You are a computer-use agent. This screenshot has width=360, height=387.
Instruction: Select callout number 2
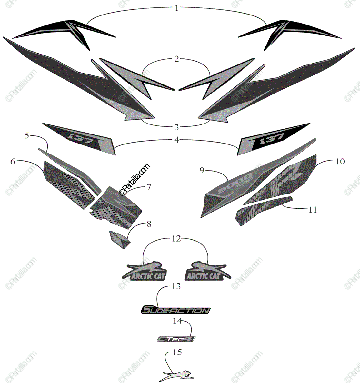tap(176, 59)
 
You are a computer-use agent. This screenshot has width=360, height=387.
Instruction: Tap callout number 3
tap(176, 127)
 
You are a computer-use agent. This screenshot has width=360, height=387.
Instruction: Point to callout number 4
tap(176, 140)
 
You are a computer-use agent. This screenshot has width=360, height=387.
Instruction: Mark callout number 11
tap(313, 210)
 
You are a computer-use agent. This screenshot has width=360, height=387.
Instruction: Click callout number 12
tap(176, 239)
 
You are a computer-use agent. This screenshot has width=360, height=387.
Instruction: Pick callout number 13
tap(176, 286)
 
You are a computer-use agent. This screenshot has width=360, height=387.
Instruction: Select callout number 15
tap(177, 352)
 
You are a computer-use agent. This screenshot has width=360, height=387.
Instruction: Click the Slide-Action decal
tap(176, 310)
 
